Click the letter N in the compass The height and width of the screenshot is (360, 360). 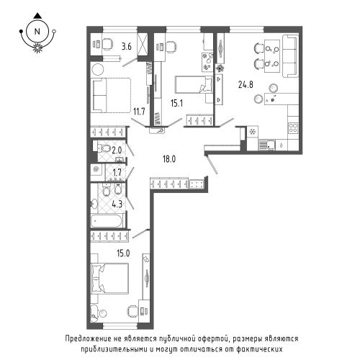37,32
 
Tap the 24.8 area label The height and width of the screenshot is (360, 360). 246,84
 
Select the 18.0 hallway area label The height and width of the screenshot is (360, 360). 169,159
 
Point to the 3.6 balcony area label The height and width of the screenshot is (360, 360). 126,46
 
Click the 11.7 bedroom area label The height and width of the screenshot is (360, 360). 139,112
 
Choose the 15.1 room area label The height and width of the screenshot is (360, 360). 176,104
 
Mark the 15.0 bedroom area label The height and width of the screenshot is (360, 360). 123,253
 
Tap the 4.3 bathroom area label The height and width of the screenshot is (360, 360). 117,204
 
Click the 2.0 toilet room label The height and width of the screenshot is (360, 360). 117,150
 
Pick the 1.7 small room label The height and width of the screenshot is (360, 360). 117,171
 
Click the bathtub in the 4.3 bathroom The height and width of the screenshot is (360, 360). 107,220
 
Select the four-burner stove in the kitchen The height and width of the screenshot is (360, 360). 293,127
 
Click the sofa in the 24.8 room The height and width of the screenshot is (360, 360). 290,56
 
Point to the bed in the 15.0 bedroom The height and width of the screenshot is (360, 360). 109,279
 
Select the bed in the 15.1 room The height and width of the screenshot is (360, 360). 194,84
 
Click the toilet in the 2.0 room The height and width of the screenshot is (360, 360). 103,148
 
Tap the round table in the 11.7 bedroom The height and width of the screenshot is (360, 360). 97,69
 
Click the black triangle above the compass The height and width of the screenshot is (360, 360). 37,16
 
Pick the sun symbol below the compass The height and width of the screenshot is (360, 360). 37,48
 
